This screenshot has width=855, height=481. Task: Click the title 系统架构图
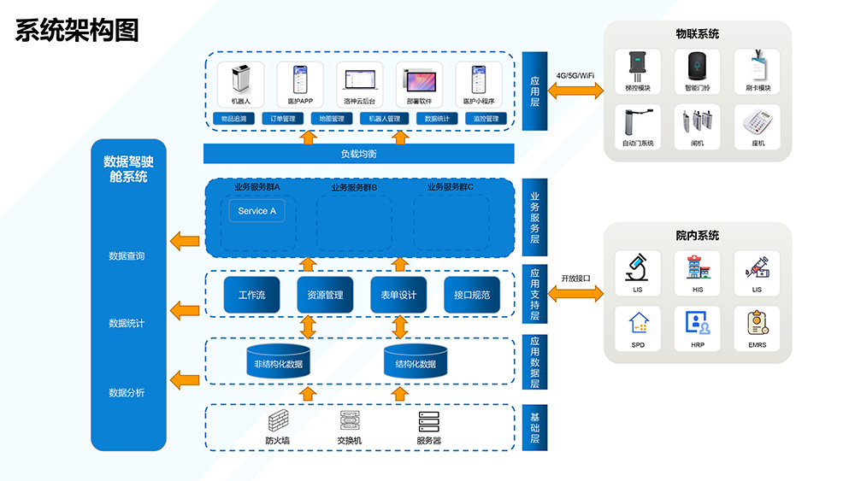point(77,32)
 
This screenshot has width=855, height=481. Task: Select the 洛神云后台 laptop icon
point(360,82)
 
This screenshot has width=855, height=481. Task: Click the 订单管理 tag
point(283,119)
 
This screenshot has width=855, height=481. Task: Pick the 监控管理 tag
point(485,119)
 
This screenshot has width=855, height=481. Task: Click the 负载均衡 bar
point(358,154)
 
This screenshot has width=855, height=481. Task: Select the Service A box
point(256,211)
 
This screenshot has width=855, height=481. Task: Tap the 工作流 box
point(251,295)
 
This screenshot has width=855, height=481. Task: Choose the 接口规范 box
point(472,295)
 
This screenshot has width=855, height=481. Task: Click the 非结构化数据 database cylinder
point(278,362)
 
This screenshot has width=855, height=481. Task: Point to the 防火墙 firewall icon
point(278,421)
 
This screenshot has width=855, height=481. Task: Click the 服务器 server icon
point(428,421)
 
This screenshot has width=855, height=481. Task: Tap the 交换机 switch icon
point(350,421)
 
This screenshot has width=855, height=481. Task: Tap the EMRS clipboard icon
point(757,324)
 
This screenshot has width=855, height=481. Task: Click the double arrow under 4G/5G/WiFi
point(576,91)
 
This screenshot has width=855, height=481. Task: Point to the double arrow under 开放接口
point(576,294)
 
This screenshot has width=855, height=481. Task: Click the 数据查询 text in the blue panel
point(127,256)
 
